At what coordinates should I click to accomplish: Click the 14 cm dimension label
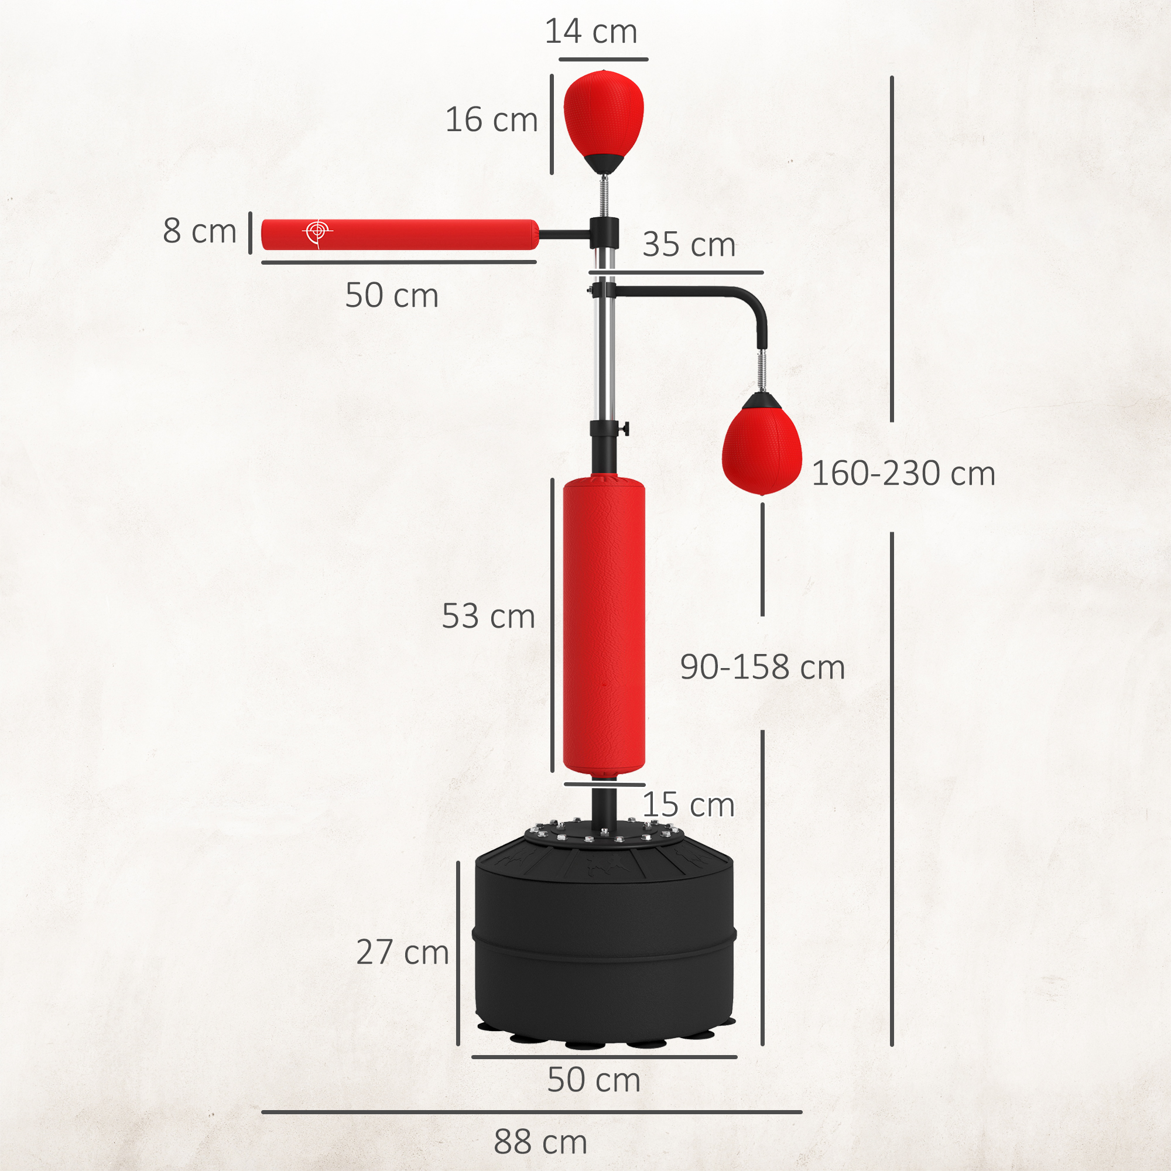point(590,32)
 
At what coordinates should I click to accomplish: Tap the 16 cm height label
point(491,119)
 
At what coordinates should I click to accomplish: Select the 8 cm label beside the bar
point(200,231)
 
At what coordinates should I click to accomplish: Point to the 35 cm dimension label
point(689,244)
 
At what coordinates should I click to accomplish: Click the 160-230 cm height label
point(903,473)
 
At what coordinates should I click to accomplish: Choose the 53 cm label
point(488,616)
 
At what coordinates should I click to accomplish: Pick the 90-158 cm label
point(762,667)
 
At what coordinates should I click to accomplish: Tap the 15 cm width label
point(688,805)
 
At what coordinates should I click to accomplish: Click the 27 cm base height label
point(402,951)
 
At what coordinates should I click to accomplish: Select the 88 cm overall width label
point(540,1142)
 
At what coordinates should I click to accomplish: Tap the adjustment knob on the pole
point(624,429)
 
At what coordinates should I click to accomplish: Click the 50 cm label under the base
point(593,1080)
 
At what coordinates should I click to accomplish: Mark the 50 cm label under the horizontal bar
point(392,295)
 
